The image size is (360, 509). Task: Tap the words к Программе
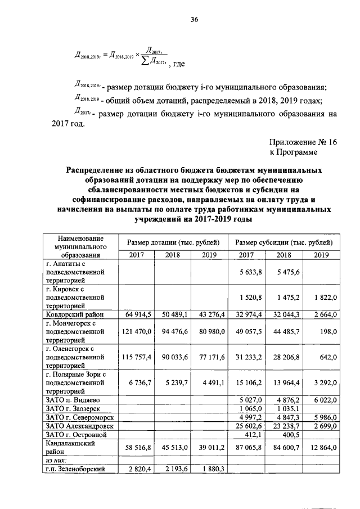[293, 152]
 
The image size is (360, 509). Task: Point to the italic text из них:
[57, 460]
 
